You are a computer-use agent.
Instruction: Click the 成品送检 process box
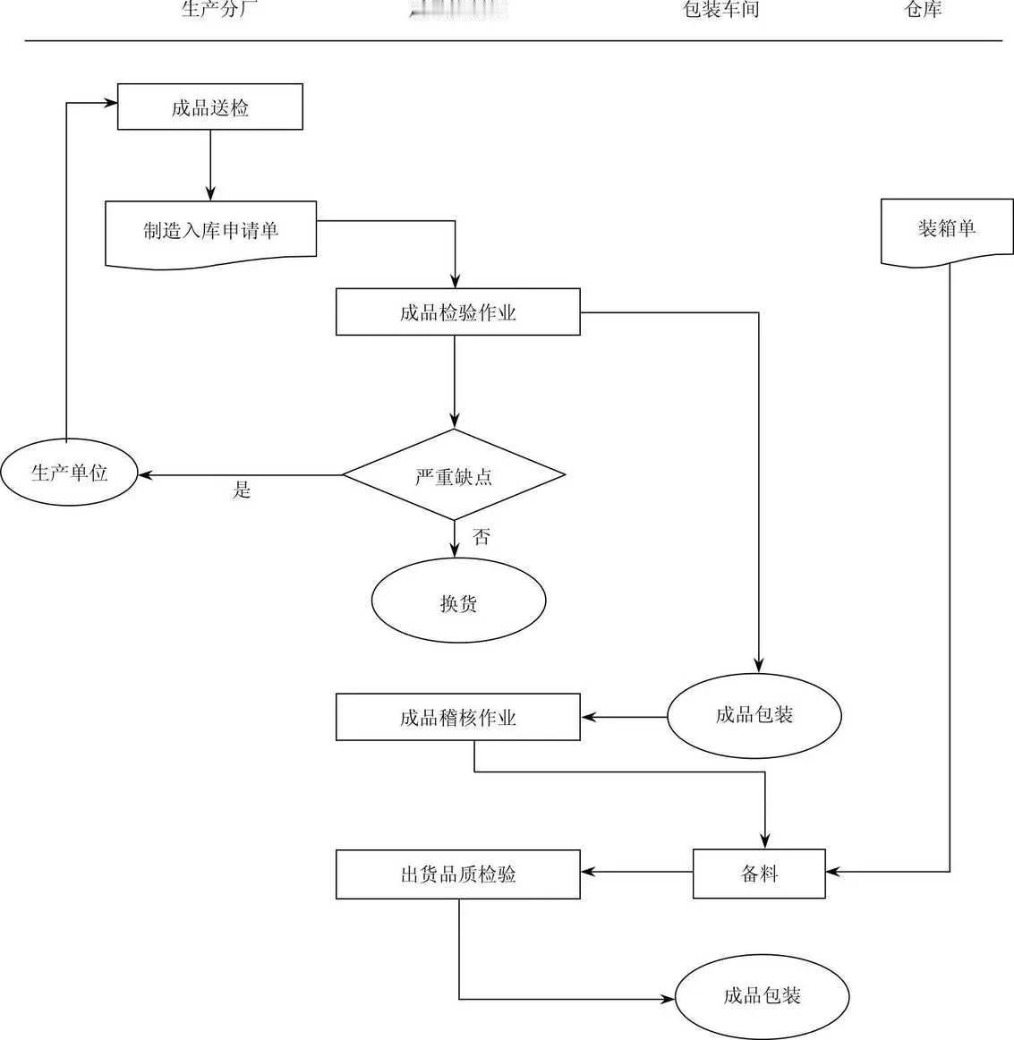(x=210, y=107)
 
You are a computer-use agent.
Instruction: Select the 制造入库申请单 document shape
(x=210, y=231)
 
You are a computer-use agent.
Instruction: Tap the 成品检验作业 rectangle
(x=457, y=312)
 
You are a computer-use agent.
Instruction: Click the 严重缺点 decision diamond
(x=454, y=475)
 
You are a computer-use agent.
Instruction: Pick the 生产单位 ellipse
(x=69, y=473)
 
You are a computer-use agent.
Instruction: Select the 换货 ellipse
(x=458, y=602)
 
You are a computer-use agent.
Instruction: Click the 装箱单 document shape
(x=947, y=229)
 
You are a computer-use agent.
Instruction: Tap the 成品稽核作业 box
(x=457, y=717)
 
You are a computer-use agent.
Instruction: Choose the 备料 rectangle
(x=759, y=874)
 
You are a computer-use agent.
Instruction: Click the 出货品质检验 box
(x=457, y=874)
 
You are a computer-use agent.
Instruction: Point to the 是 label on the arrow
(x=242, y=490)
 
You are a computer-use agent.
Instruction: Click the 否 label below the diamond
(x=481, y=537)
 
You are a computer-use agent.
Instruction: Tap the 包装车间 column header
(x=720, y=10)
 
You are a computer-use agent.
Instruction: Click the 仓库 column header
(x=922, y=10)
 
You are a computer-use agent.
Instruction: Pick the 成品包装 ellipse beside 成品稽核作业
(x=754, y=715)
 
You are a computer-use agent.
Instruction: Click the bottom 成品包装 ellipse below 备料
(x=762, y=995)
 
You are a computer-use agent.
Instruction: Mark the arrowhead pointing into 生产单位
(x=144, y=474)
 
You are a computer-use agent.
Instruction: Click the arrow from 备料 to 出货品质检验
(x=636, y=873)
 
